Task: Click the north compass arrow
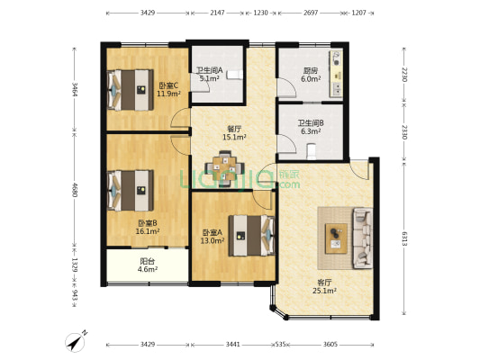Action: [x=76, y=341]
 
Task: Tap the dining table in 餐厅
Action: [x=225, y=168]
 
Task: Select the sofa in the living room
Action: [x=363, y=238]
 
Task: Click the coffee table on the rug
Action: [x=336, y=238]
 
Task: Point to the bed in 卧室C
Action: [x=130, y=90]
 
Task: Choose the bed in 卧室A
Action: [x=251, y=236]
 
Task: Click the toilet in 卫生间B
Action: [x=312, y=151]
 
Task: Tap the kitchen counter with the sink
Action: [x=336, y=75]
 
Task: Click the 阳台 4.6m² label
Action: [x=148, y=265]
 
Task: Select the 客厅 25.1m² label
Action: [x=324, y=286]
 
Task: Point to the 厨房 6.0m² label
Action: [x=311, y=75]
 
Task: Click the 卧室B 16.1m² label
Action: [x=148, y=227]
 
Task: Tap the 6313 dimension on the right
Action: [x=404, y=238]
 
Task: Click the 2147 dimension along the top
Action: [x=217, y=13]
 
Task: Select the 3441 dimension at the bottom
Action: [x=233, y=345]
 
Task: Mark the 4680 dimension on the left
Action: [x=74, y=190]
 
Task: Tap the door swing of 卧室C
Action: [x=180, y=118]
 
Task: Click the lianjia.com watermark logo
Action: [x=240, y=178]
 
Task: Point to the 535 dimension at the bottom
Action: [x=280, y=345]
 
